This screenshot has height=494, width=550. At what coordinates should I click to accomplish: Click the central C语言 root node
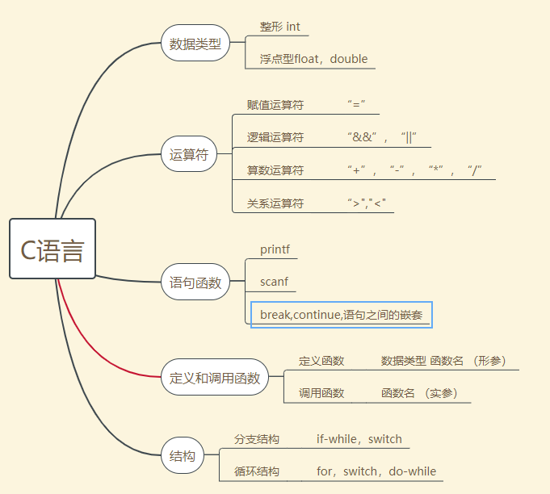tap(52, 249)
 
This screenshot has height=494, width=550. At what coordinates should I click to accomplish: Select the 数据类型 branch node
tap(195, 44)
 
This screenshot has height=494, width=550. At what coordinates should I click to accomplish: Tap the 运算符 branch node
tap(189, 155)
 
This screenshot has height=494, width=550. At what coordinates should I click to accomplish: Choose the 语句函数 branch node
tap(195, 283)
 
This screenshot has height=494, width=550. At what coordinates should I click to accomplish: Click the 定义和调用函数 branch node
tap(215, 377)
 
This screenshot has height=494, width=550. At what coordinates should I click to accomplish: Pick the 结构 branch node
tap(183, 456)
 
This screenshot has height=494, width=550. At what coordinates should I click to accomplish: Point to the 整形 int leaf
tap(279, 27)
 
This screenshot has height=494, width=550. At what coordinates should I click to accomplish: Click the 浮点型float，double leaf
tap(313, 59)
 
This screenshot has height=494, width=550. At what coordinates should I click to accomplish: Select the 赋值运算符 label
tap(275, 105)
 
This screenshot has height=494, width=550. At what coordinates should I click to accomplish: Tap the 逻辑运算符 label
tap(275, 137)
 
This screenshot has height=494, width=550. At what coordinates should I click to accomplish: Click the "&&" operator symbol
tap(361, 137)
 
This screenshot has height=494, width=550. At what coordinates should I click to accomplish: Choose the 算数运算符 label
tap(275, 170)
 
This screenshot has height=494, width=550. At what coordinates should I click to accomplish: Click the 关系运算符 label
tap(275, 203)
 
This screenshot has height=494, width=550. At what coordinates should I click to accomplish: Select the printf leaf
tap(275, 249)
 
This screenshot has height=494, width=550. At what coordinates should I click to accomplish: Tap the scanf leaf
tap(274, 283)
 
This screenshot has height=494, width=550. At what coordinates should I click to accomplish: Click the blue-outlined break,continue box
tap(341, 315)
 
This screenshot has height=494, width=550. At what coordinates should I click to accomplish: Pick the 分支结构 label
tap(257, 440)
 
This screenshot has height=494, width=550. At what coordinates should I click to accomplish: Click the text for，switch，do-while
tap(376, 471)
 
